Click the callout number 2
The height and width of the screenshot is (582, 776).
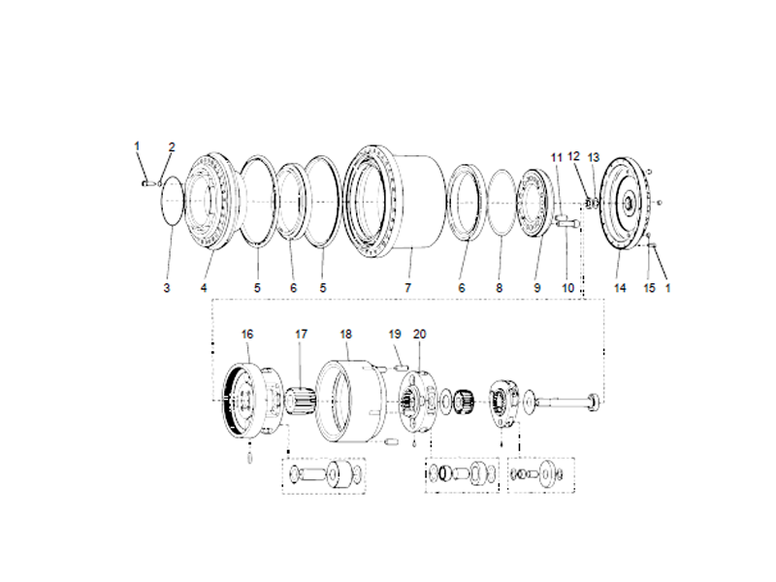pyautogui.click(x=172, y=147)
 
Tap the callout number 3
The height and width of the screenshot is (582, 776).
pyautogui.click(x=166, y=288)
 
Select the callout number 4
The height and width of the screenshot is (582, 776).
pyautogui.click(x=205, y=288)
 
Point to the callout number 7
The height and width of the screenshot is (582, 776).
pyautogui.click(x=408, y=288)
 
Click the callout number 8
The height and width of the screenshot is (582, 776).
pyautogui.click(x=500, y=288)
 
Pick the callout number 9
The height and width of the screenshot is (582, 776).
pyautogui.click(x=535, y=288)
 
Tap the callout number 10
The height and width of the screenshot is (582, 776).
pyautogui.click(x=568, y=288)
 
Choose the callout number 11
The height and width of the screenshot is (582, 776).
pyautogui.click(x=557, y=156)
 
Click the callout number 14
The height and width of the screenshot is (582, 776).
pyautogui.click(x=620, y=288)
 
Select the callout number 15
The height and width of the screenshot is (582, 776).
pyautogui.click(x=650, y=288)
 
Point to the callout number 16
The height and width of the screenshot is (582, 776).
pyautogui.click(x=247, y=334)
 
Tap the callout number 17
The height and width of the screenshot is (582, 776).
pyautogui.click(x=302, y=334)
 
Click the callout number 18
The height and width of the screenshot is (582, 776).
pyautogui.click(x=345, y=334)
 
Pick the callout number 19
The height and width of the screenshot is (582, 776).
pyautogui.click(x=395, y=334)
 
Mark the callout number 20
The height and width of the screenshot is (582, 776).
pyautogui.click(x=419, y=334)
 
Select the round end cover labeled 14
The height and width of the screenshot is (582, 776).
pyautogui.click(x=625, y=203)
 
